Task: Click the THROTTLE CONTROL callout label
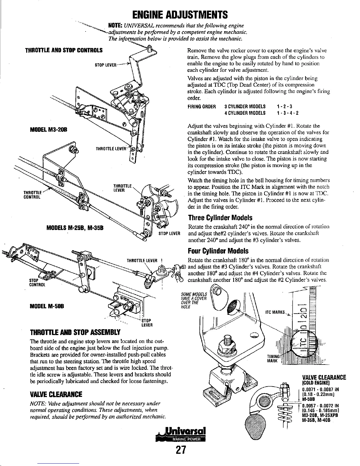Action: [32, 195]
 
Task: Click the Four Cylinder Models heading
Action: [218, 251]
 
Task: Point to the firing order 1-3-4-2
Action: [288, 113]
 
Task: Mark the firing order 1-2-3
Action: [284, 106]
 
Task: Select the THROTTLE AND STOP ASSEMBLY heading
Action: [75, 332]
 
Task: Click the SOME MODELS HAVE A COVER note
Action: [194, 301]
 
